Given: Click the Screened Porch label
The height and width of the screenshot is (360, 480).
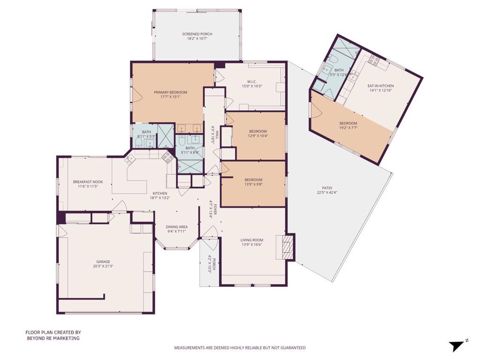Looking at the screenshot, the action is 197,34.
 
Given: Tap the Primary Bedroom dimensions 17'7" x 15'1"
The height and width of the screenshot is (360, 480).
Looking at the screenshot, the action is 170,97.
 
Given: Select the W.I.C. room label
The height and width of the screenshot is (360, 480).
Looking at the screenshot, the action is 252,82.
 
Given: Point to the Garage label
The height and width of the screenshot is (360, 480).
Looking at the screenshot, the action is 103,262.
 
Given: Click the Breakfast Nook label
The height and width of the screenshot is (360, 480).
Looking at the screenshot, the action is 88,182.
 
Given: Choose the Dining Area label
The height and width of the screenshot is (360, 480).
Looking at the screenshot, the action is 177,227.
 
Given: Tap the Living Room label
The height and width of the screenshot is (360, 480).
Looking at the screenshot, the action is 252,240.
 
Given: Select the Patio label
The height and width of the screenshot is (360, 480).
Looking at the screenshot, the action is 327,188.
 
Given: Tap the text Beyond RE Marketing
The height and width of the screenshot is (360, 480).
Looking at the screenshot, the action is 53,338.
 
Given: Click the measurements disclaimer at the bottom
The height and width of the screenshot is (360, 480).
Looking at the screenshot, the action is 240,348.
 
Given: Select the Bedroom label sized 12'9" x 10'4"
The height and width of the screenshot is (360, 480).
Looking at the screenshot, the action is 258,131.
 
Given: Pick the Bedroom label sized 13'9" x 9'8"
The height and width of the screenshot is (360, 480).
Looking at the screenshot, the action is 254,180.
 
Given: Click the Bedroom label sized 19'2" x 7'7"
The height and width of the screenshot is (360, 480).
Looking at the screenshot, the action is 348,123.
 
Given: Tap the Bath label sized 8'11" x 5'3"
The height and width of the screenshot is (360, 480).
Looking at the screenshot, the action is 146,132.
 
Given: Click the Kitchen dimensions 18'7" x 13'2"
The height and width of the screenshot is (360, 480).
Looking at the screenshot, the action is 160,198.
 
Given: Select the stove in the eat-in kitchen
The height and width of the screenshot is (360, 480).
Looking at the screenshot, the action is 373,60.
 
